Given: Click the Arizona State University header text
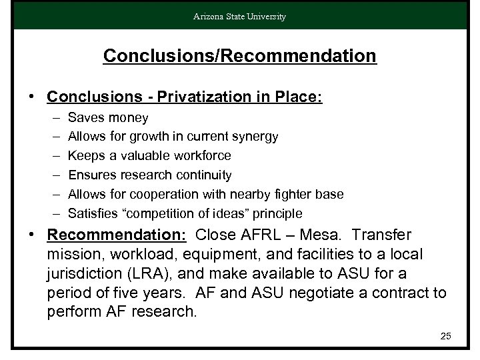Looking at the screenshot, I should [240, 17].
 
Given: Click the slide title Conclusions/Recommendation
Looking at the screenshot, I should [240, 55].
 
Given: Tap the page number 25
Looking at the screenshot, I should [445, 336].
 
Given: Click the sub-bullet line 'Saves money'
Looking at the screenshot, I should [108, 118].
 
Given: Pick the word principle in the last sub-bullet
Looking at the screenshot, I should [277, 214].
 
